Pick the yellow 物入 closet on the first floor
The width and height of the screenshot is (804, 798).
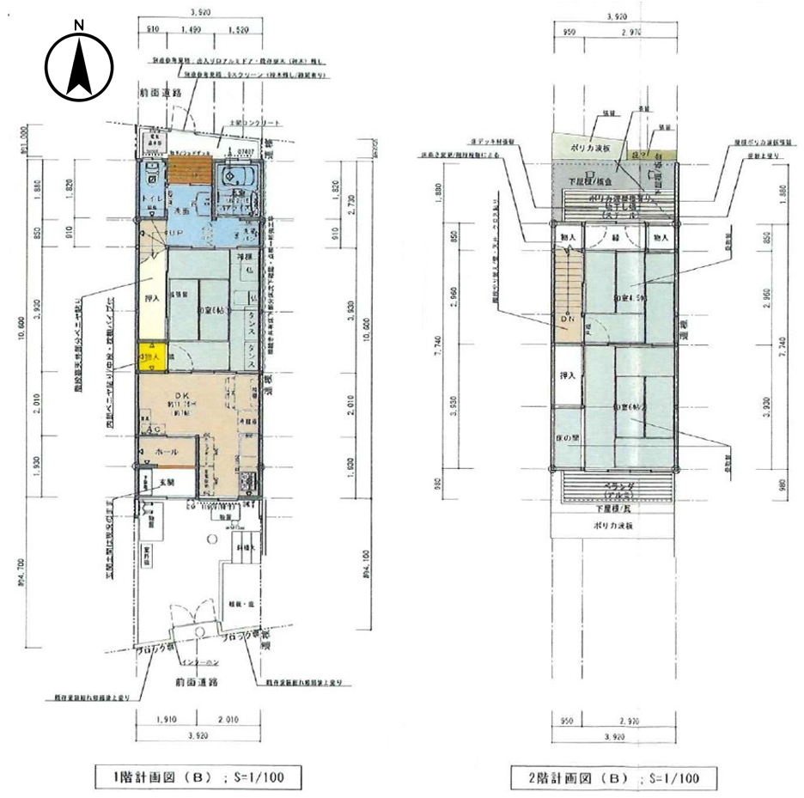(150, 355)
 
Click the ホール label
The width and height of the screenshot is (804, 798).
(167, 451)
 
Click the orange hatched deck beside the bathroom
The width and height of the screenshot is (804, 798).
(189, 171)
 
